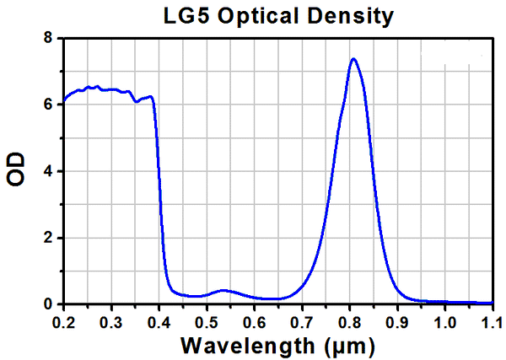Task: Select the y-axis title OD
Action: (x=17, y=171)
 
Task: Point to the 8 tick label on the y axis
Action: (x=49, y=39)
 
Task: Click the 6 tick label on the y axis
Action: (x=49, y=105)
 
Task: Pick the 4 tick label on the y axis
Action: (x=49, y=171)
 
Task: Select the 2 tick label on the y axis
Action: (x=49, y=238)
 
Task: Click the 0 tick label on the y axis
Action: (x=49, y=304)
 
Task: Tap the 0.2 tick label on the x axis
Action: (x=63, y=322)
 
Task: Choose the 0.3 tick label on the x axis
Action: (x=111, y=322)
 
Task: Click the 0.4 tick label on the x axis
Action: (x=159, y=322)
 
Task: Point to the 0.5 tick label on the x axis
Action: (x=207, y=322)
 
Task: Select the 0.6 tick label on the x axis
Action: (x=255, y=322)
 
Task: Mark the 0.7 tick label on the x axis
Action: (x=302, y=322)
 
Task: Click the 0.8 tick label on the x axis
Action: (x=350, y=322)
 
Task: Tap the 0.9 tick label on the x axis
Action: (x=397, y=322)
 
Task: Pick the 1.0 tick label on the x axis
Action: (x=444, y=322)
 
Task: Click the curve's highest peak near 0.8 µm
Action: (x=353, y=59)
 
